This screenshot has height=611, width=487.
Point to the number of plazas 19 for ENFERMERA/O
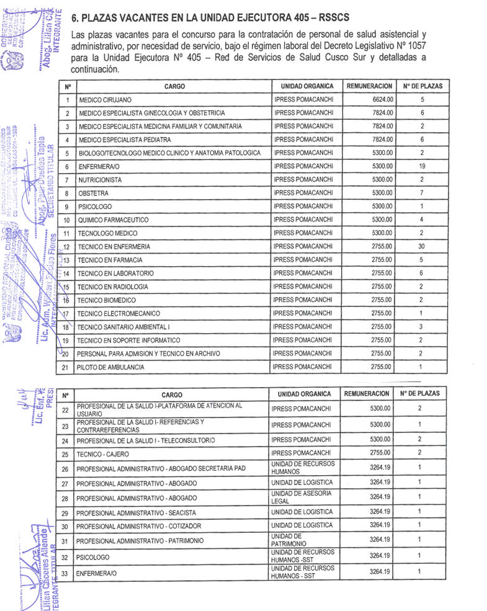pos(422,166)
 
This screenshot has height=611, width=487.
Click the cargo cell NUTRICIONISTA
pos(103,180)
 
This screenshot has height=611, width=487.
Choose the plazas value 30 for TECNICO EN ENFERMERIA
pos(422,247)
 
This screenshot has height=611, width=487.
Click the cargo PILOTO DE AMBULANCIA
pos(111,367)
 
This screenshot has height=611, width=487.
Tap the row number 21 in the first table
pos(66,367)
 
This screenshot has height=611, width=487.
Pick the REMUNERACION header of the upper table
pos(369,86)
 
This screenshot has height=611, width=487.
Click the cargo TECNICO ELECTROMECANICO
pos(118,313)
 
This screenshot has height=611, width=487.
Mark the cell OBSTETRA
pos(94,194)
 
